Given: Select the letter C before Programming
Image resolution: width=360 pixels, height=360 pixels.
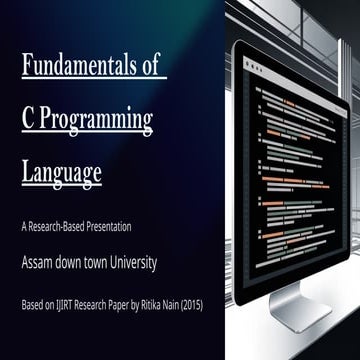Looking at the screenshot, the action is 28,120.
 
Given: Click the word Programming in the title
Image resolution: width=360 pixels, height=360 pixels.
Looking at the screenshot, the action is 96,122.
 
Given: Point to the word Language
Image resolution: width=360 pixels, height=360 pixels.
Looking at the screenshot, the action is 62,174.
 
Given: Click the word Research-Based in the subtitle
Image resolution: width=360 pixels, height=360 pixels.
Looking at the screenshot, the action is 56,227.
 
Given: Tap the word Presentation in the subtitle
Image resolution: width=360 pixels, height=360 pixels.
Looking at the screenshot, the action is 109,227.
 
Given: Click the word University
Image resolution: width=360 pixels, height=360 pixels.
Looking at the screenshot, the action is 133,264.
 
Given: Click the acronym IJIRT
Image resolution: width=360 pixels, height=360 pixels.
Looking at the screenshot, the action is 63,306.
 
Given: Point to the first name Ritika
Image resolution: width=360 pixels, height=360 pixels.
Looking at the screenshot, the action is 150,306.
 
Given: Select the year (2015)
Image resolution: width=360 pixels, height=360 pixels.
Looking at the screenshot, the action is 191,306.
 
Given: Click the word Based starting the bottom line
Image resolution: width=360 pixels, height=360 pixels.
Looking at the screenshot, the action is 32,306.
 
